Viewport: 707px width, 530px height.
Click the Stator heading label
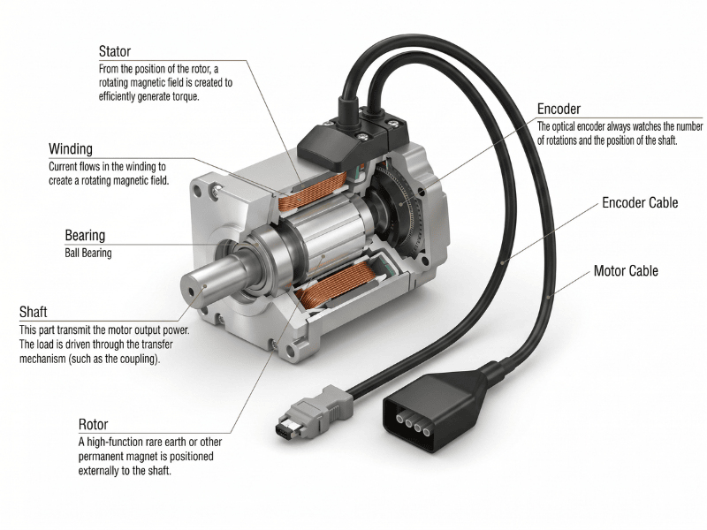[x=115, y=51]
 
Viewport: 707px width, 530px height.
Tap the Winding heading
[x=71, y=149]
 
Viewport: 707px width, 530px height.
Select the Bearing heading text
[x=85, y=235]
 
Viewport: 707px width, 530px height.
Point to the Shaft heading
[x=33, y=312]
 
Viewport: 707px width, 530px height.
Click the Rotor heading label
[x=93, y=425]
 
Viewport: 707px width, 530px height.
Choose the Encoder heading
[x=559, y=109]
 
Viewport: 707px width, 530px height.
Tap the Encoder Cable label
[x=640, y=203]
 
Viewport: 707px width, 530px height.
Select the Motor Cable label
[x=626, y=271]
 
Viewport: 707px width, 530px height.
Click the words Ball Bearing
[x=87, y=253]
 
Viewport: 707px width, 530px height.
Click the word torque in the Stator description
[x=186, y=97]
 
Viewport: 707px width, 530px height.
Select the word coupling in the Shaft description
[x=139, y=360]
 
